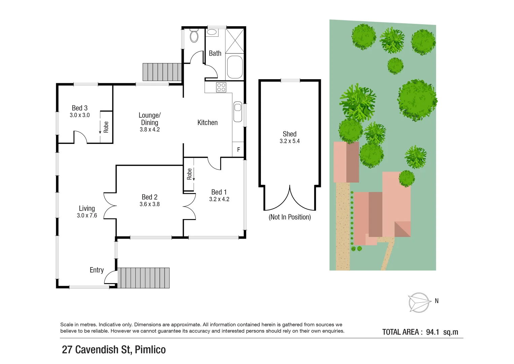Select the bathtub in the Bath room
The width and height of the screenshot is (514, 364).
click(235, 67)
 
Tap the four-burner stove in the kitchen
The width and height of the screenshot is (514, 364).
click(221, 87)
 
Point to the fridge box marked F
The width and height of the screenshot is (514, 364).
click(238, 149)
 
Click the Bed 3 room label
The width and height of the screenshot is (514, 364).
click(80, 108)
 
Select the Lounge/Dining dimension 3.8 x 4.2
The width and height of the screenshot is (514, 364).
click(150, 129)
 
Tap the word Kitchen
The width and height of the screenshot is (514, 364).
click(207, 123)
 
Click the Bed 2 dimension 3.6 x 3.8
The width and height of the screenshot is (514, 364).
click(149, 204)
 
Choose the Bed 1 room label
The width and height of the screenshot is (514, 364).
click(219, 192)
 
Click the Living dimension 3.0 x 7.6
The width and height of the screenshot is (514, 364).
click(87, 216)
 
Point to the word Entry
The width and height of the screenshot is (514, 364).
click(97, 270)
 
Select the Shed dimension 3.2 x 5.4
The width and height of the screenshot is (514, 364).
click(289, 141)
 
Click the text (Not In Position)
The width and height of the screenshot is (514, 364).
click(289, 217)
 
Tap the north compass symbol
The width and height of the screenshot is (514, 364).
click(419, 302)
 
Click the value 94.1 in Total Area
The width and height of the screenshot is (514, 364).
click(433, 332)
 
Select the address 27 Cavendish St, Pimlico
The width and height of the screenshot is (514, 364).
click(114, 350)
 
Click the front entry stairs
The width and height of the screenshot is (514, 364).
click(143, 278)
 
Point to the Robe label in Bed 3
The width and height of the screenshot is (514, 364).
click(106, 127)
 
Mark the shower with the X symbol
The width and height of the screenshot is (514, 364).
click(235, 41)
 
